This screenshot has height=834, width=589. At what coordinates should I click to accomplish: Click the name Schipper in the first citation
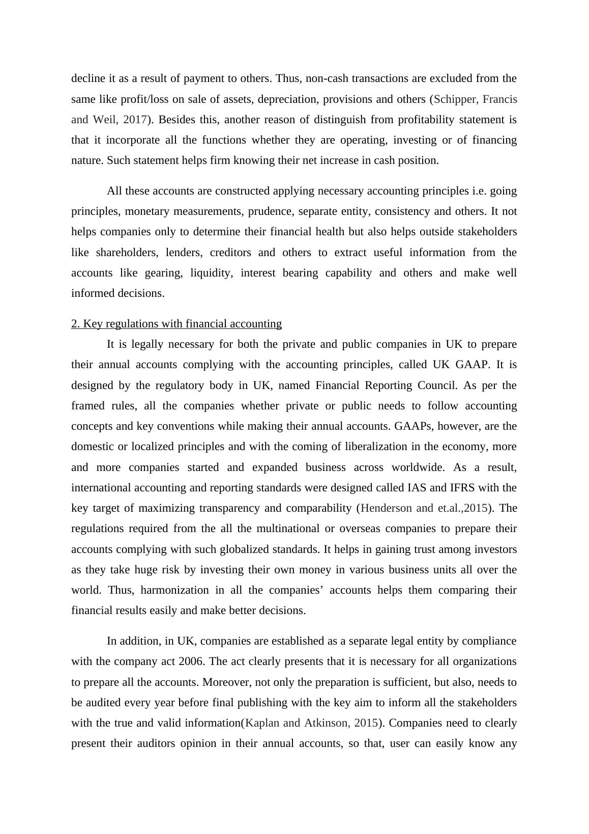point(458,99)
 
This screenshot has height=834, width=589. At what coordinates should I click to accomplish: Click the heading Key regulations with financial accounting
point(176,324)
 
